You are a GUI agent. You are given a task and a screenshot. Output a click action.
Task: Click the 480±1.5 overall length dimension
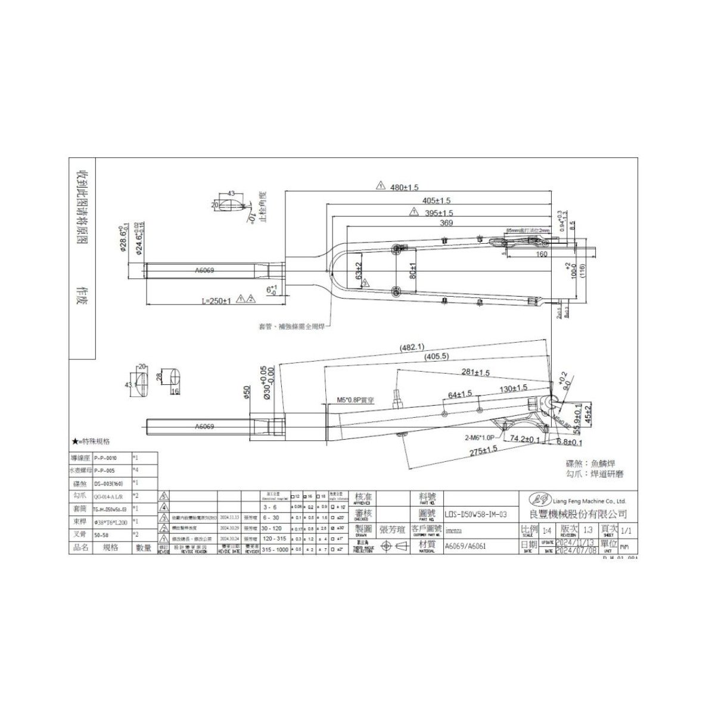[x=405, y=186]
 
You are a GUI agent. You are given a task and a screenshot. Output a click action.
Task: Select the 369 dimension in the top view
[x=446, y=223]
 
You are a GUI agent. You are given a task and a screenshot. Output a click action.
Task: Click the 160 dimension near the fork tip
[x=542, y=254]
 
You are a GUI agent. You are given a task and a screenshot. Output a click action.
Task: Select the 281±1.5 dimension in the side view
[x=475, y=372]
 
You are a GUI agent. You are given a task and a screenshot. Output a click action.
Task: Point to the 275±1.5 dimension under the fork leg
[x=483, y=451]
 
